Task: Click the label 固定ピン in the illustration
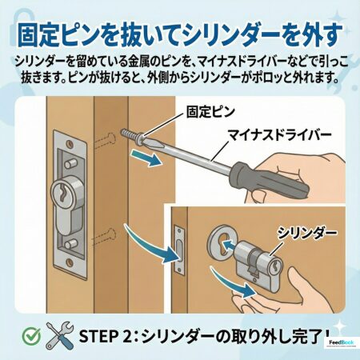pos(210,112)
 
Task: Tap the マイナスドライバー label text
pos(280,135)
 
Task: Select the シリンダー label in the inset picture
pos(307,233)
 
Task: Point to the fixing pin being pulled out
pos(132,136)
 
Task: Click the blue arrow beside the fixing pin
pos(146,158)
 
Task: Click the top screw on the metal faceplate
pos(70,144)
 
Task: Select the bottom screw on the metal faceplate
pos(70,262)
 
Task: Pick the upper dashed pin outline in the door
pos(106,140)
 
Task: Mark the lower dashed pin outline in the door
pos(106,235)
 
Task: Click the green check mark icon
pos(32,336)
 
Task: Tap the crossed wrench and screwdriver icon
pos(59,335)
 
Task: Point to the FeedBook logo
pos(342,342)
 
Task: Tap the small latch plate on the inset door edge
pos(179,250)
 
